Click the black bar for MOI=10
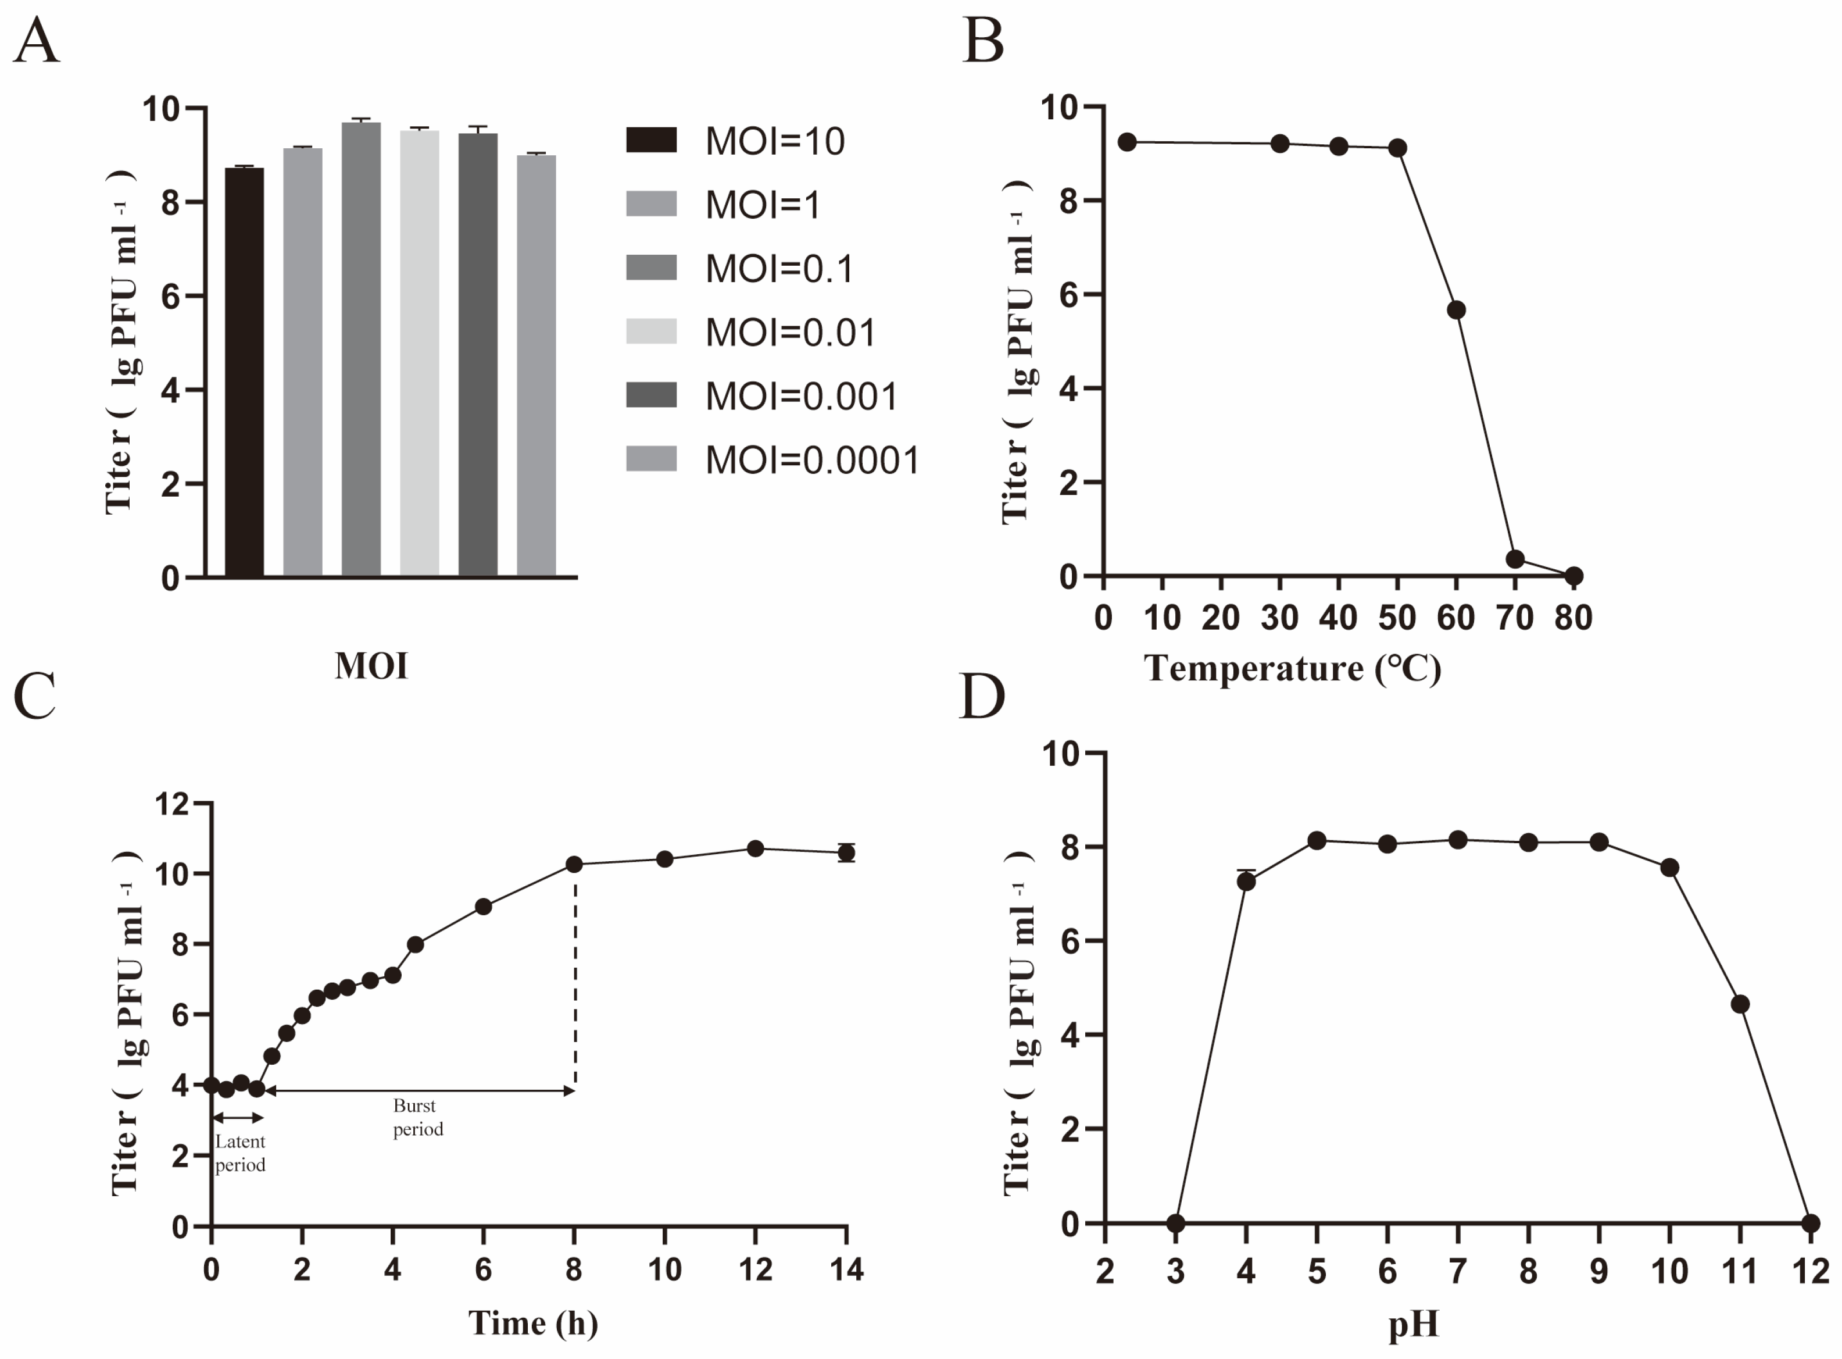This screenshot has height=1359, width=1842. pos(244,371)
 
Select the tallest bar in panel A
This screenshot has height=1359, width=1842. pos(361,349)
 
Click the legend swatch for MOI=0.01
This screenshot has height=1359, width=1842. pos(651,331)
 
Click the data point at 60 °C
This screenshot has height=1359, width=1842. pos(1456,309)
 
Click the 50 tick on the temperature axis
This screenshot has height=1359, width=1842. pos(1397,617)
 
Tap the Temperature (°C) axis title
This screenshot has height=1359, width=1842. pos(1293,668)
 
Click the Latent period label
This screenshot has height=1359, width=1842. pos(240,1153)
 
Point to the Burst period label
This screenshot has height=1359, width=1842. pos(418,1117)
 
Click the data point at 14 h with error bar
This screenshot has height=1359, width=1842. pos(846,853)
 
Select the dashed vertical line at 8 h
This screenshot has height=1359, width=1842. pos(575,979)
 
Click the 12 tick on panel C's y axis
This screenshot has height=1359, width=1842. pos(172,804)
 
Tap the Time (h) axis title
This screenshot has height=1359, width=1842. pos(533,1323)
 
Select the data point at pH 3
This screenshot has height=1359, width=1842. pos(1176,1224)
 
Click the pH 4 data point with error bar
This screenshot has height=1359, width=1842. pos(1247,881)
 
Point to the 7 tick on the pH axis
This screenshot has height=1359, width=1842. pos(1458,1272)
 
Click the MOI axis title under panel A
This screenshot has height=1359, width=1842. pos(371,665)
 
